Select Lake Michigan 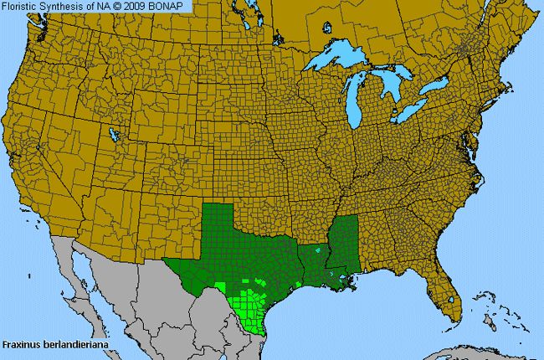[x=362, y=96]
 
